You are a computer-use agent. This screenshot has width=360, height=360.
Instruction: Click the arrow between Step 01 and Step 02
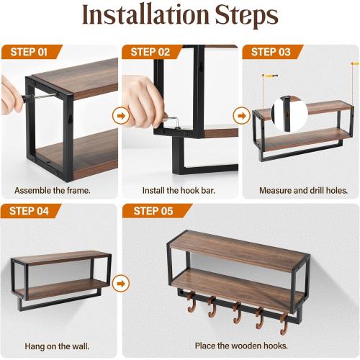click(120, 114)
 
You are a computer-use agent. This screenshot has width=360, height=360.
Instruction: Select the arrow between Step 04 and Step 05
click(120, 282)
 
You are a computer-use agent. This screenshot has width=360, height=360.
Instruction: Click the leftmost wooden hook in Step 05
click(192, 305)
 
